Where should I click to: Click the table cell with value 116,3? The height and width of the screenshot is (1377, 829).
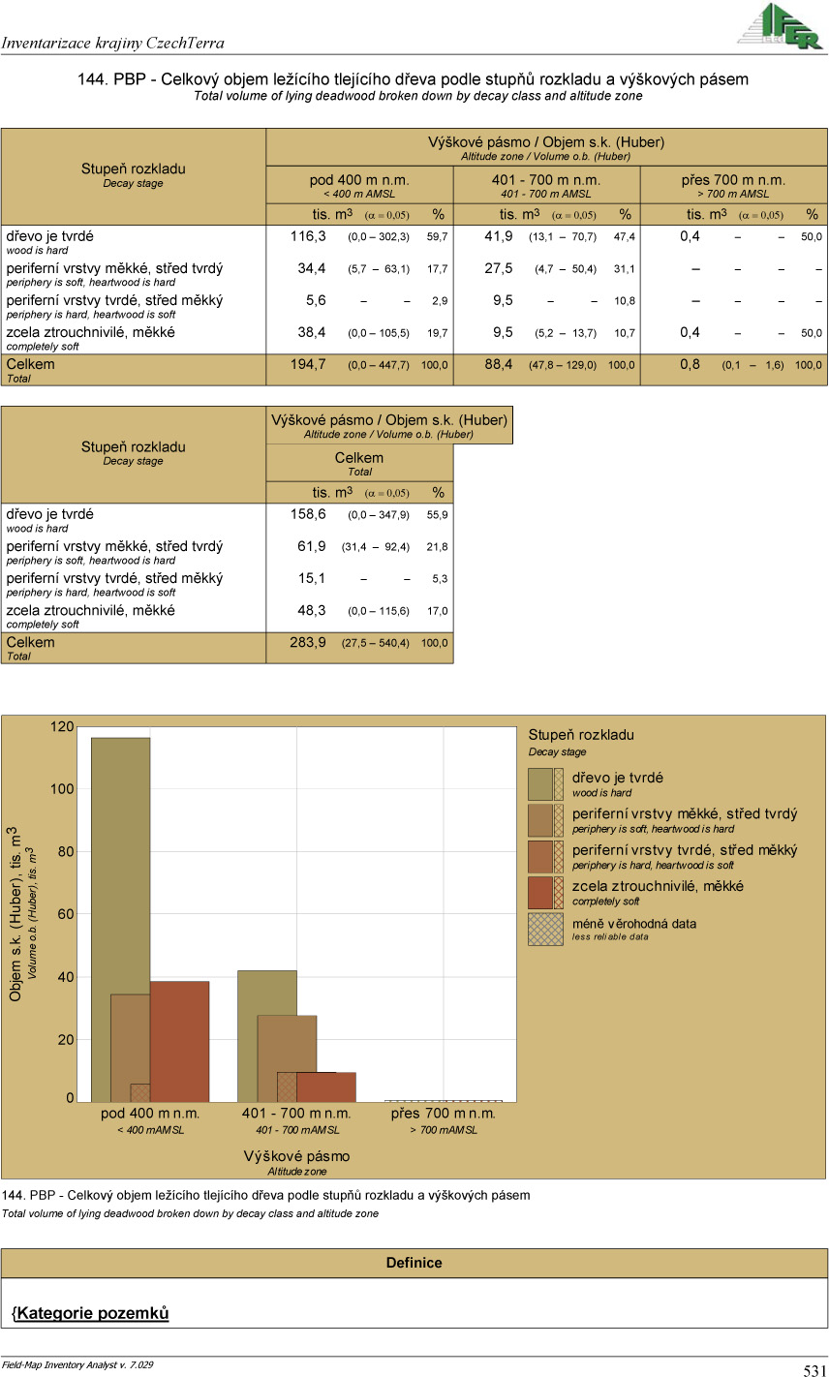[308, 236]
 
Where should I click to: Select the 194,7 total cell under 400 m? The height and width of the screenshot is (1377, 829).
[308, 365]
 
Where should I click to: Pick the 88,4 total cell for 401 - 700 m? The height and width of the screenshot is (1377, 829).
[495, 365]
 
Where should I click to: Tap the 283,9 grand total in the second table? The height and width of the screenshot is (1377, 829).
[308, 643]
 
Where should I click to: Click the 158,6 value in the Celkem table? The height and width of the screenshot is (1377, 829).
[308, 515]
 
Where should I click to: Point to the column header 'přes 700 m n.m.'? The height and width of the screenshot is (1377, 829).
[733, 180]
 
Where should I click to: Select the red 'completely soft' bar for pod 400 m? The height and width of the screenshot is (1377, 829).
[180, 1041]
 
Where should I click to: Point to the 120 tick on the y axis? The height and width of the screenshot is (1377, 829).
[63, 726]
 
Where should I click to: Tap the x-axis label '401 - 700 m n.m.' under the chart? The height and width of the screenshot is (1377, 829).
[297, 1114]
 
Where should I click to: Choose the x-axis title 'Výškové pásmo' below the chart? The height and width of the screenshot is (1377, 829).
[297, 1156]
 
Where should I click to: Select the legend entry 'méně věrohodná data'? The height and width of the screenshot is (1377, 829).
[633, 923]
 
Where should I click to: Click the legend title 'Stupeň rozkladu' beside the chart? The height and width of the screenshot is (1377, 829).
[581, 735]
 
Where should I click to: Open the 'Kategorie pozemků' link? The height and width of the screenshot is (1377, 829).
[92, 1314]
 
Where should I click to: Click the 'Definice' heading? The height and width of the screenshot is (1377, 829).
[414, 1263]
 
